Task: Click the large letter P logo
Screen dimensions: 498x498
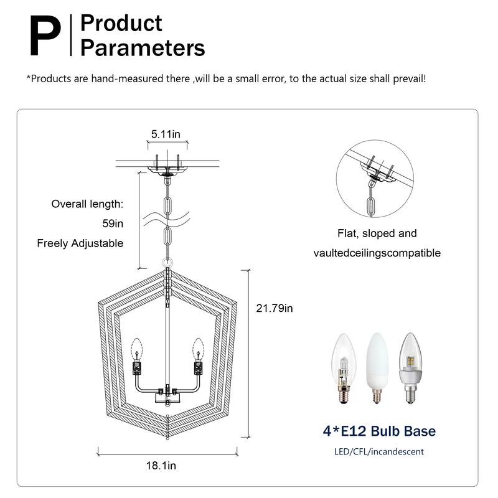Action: pyautogui.click(x=45, y=36)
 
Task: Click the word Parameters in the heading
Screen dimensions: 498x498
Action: pyautogui.click(x=143, y=47)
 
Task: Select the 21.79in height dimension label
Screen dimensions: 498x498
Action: pyautogui.click(x=275, y=308)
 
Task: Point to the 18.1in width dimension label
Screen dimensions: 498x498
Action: pyautogui.click(x=161, y=465)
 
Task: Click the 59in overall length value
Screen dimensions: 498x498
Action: pyautogui.click(x=112, y=223)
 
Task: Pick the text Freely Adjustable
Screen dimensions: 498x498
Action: pyautogui.click(x=80, y=243)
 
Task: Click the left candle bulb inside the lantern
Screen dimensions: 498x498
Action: pyautogui.click(x=137, y=346)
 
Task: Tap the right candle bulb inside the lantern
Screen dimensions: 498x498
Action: pyautogui.click(x=199, y=346)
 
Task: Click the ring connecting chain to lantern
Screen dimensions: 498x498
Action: pyautogui.click(x=167, y=263)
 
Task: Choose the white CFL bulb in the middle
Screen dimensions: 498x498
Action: pyautogui.click(x=377, y=366)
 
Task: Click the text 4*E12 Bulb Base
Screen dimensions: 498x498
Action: pyautogui.click(x=379, y=431)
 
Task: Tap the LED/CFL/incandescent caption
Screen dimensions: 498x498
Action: pyautogui.click(x=378, y=451)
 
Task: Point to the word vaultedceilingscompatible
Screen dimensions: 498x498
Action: pyautogui.click(x=377, y=253)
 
